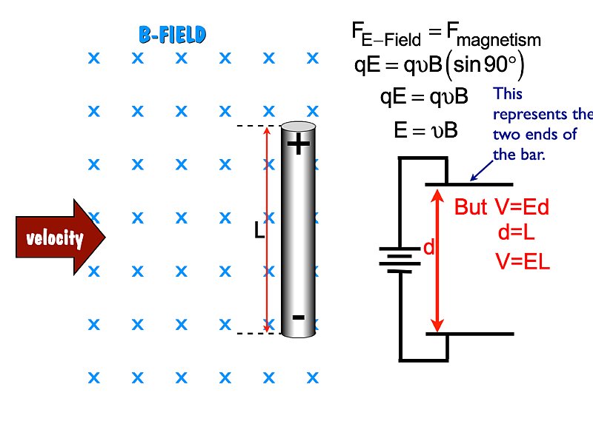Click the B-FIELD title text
tap(172, 34)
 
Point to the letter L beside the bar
tap(259, 232)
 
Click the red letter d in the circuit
tap(428, 249)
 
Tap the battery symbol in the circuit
tap(400, 260)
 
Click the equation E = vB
tap(425, 131)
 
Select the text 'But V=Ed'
tap(502, 207)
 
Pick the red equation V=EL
tap(523, 261)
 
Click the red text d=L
tap(517, 233)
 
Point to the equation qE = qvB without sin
tap(423, 97)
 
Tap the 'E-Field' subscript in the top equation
tap(391, 40)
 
